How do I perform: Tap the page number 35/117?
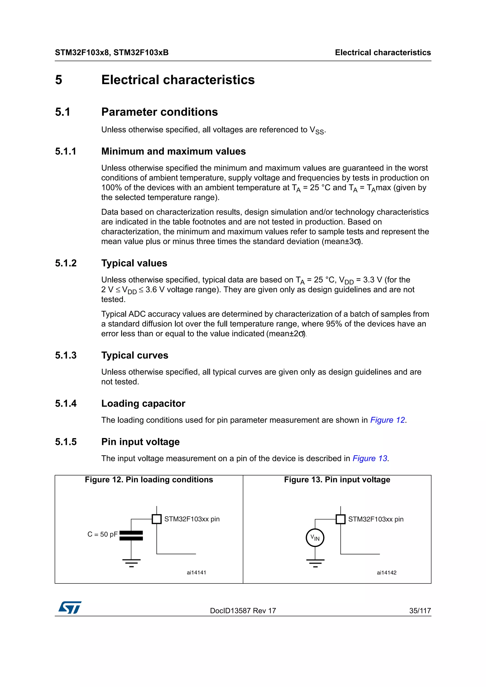(420, 611)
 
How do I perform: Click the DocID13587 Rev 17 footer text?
(243, 611)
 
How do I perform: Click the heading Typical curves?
(135, 355)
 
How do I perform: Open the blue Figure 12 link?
(388, 420)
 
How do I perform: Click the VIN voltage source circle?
(315, 538)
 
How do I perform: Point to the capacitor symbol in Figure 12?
(131, 536)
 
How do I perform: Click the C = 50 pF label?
(103, 534)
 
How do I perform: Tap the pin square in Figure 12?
(157, 519)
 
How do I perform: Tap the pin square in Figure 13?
(341, 519)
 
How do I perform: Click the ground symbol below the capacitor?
(131, 563)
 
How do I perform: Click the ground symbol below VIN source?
(315, 563)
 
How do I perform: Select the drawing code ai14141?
(196, 573)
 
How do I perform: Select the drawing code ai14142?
(386, 573)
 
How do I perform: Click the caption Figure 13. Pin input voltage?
(337, 480)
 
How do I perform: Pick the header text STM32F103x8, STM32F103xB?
(112, 53)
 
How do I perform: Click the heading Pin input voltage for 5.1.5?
(140, 442)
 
